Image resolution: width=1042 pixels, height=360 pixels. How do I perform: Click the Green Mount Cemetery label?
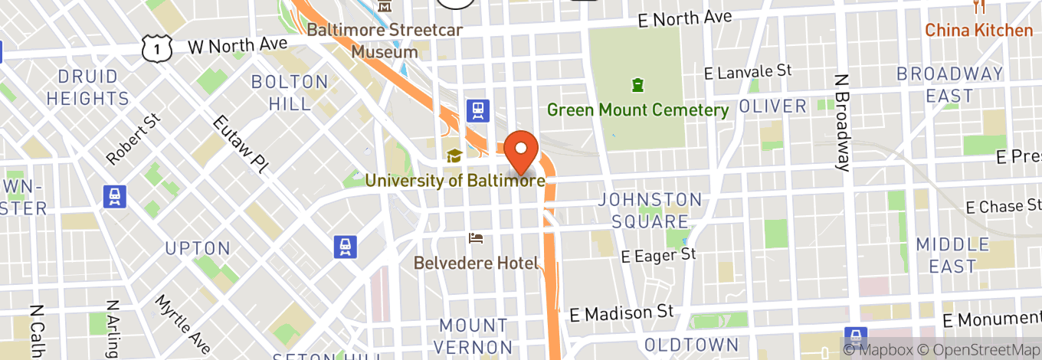[x=637, y=110]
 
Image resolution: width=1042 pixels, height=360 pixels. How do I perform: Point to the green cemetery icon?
[x=637, y=83]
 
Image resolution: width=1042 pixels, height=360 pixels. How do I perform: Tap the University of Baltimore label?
[x=455, y=181]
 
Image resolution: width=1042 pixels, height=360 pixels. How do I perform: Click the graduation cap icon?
[x=454, y=155]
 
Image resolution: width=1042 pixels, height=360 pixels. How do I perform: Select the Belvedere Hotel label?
[x=476, y=263]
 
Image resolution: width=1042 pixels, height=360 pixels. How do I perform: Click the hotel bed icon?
[x=476, y=238]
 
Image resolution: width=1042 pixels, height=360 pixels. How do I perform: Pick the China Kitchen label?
[x=978, y=31]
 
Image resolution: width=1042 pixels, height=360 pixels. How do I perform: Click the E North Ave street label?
[x=684, y=19]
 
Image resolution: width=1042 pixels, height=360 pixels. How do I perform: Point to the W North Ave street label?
[x=238, y=45]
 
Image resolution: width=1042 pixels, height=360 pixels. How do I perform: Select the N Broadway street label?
[x=844, y=123]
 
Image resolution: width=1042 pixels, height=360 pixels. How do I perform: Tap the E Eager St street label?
[x=658, y=256]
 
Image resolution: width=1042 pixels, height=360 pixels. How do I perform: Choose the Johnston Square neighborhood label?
[x=650, y=211]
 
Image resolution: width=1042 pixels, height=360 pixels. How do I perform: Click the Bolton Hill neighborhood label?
[x=290, y=92]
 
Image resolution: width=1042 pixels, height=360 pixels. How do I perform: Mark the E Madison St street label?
[x=622, y=313]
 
